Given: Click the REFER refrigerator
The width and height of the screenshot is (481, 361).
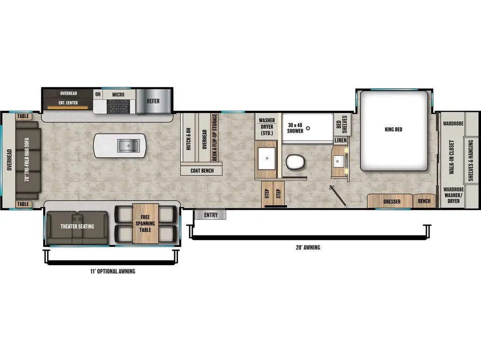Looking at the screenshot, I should click(x=153, y=101).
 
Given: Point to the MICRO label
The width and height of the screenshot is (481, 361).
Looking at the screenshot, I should click(x=118, y=94).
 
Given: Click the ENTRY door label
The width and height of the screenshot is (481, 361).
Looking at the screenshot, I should click(x=211, y=215).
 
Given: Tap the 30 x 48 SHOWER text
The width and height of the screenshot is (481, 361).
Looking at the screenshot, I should click(x=295, y=127).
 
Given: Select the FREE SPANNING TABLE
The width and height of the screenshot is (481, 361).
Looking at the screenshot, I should click(x=145, y=223).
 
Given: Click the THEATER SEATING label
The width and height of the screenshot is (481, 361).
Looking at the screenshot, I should click(x=78, y=226).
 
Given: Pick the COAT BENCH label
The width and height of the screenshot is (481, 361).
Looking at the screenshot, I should click(x=202, y=171).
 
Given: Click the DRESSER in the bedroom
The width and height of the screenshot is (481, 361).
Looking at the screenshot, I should click(x=392, y=202).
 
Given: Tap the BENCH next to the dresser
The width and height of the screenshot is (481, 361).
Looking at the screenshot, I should click(x=424, y=201).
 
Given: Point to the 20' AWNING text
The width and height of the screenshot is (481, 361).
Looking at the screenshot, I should click(x=309, y=247).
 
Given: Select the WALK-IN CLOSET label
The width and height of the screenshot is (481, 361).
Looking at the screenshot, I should click(x=451, y=157).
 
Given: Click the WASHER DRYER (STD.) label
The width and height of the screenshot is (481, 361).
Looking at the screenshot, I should click(x=267, y=126).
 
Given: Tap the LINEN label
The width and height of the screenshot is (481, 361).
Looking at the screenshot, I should click(x=341, y=140).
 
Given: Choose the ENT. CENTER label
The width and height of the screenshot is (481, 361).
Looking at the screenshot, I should click(x=69, y=102).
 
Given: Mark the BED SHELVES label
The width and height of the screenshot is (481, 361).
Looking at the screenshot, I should click(x=341, y=124).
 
